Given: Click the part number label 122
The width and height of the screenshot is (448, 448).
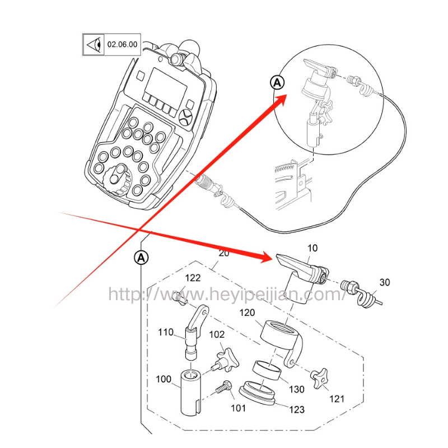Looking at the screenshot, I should (193, 278).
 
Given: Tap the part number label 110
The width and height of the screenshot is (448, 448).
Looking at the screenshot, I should (166, 332).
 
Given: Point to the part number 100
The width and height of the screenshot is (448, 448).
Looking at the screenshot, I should (164, 379).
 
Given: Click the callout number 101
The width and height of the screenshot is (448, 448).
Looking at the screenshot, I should (238, 408).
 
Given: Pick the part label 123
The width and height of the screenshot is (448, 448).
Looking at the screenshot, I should (297, 410).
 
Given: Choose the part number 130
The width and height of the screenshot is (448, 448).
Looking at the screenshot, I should (297, 389).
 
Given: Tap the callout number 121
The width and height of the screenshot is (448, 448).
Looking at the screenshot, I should (337, 399).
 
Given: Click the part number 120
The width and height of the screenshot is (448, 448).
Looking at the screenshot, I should (248, 313).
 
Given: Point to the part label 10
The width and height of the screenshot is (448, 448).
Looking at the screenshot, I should (312, 248).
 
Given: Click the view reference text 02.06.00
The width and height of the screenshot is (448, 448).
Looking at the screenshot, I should (122, 44).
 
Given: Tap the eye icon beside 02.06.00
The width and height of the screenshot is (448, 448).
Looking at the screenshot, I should (94, 44).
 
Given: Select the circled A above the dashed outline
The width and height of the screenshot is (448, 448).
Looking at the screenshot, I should (141, 257).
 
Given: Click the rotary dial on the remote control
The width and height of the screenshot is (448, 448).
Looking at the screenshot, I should (119, 178).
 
